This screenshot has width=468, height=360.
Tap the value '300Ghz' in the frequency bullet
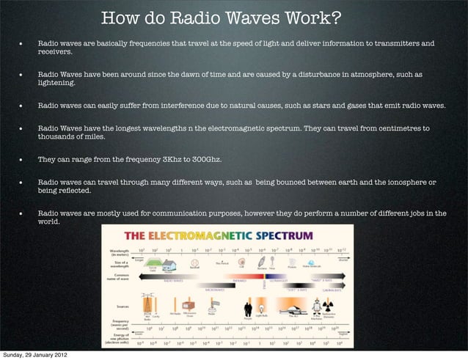click(206, 159)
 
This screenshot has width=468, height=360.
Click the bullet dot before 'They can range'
click(21, 160)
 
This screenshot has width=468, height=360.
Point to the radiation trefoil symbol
click(316, 307)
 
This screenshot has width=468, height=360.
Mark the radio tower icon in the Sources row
click(147, 306)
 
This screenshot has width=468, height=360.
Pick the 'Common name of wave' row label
click(117, 279)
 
